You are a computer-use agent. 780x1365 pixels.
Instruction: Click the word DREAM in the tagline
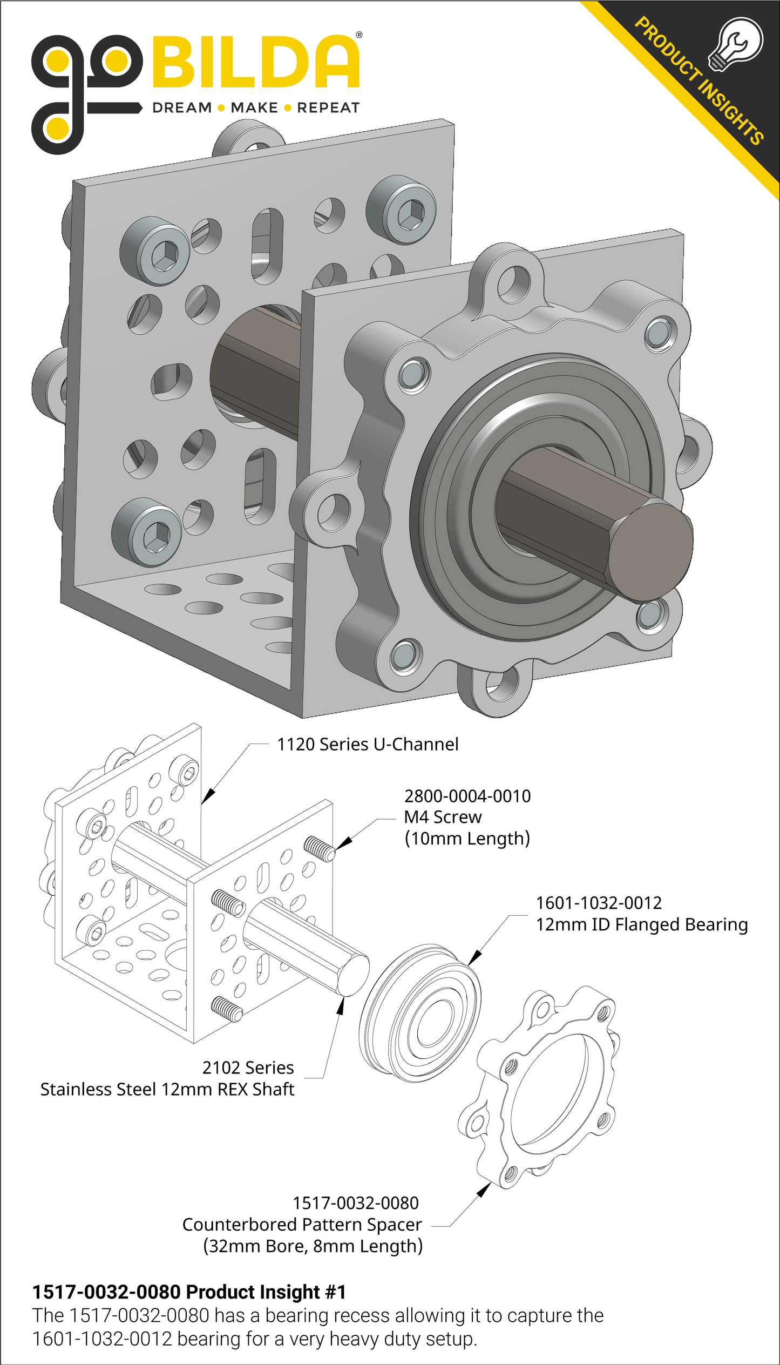pos(182,108)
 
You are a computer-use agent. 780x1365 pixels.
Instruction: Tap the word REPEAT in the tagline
pos(328,108)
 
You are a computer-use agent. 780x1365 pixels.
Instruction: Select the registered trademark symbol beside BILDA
pos(360,35)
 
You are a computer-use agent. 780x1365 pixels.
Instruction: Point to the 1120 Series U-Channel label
pos(368,745)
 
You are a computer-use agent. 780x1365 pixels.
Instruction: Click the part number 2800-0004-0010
pos(467,796)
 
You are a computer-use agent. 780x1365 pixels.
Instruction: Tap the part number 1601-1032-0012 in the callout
pos(599,903)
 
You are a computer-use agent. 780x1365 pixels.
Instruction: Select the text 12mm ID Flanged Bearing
pos(641,925)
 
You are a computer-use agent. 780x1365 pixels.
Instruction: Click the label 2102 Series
pos(248,1068)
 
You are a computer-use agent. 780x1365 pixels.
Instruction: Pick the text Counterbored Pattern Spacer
pos(302,1225)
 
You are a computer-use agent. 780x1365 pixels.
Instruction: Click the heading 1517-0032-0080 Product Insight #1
pos(189,1292)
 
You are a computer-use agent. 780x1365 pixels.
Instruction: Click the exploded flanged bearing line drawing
pos(420,1013)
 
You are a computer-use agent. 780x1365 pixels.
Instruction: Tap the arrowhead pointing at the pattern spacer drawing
pos(484,1188)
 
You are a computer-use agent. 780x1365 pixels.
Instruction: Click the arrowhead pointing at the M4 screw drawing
pos(344,843)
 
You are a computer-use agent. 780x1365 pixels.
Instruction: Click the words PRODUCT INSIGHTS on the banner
pos(698,81)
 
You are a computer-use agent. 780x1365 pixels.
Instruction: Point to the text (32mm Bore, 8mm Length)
pos(313,1246)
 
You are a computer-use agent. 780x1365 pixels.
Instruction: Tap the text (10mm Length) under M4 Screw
pos(467,839)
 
